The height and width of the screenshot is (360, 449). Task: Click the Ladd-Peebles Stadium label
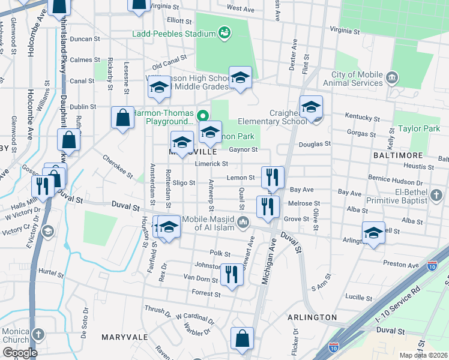click(174, 34)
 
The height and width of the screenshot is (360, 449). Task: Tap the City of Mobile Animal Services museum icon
click(393, 77)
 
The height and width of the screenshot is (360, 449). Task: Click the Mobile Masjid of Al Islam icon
click(243, 223)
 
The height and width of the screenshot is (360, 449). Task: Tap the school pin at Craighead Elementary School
click(311, 107)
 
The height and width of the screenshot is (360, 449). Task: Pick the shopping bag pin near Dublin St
click(122, 119)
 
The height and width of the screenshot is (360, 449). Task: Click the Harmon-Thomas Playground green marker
click(203, 114)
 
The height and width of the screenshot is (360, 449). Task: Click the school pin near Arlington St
click(373, 232)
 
